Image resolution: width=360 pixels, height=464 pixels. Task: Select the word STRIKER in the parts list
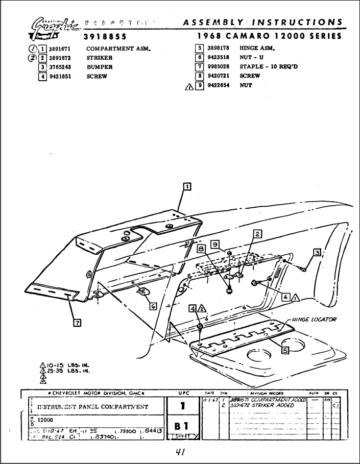(99, 58)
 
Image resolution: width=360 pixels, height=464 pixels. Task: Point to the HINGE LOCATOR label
(314, 320)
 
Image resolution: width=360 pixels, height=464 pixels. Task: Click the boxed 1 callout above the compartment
(187, 186)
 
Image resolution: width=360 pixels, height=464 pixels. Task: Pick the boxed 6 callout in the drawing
(153, 306)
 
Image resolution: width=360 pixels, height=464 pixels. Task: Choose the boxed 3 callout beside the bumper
(317, 252)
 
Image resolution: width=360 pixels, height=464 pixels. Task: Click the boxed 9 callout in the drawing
(215, 245)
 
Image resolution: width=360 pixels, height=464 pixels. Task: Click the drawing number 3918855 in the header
(105, 37)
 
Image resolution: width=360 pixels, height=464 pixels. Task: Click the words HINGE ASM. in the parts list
(257, 48)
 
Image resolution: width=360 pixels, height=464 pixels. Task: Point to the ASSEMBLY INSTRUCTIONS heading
(262, 22)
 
